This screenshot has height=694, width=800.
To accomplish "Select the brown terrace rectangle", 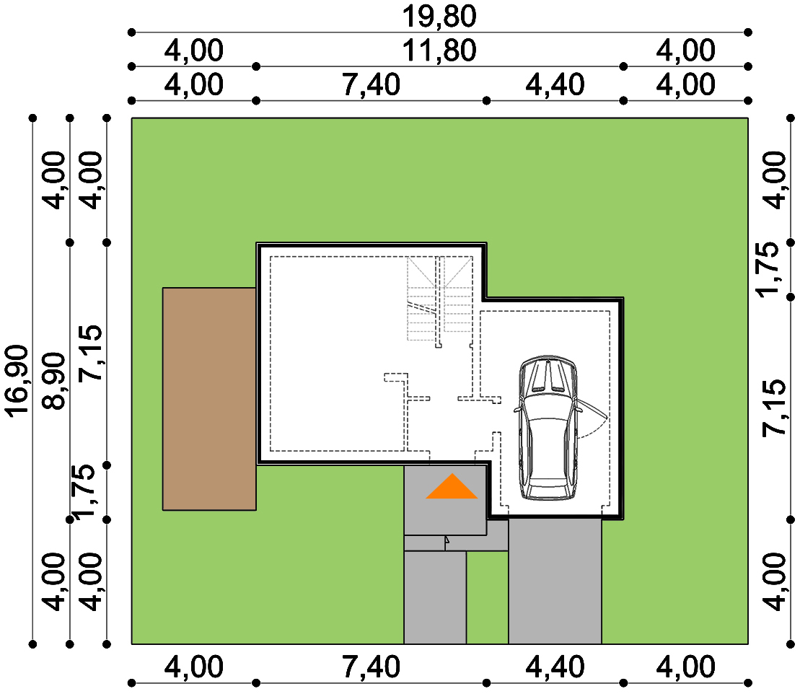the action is pos(209,398).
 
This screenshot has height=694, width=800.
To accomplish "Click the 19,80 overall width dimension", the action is pos(439,17).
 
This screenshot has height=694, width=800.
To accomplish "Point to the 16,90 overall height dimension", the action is pos(17,381).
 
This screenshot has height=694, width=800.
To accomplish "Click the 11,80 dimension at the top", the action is pos(439,50).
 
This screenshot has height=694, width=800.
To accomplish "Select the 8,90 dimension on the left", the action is pos(54,381).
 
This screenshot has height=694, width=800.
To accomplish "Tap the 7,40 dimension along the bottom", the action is pos(371,667).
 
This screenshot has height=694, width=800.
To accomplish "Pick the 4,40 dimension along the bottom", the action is pos(555,667).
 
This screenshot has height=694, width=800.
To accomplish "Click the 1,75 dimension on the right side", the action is pos(768,269).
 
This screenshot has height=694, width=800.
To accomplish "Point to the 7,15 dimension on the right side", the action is pos(774,408).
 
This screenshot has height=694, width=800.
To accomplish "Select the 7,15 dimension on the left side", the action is pos(90,353).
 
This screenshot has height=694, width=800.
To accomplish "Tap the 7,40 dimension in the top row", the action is pos(371,84).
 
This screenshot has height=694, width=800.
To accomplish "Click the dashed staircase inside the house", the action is pos(439,299).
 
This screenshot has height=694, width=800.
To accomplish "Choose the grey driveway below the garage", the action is pos(555,581).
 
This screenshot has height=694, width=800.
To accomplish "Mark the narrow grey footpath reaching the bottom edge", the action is pos(435,597).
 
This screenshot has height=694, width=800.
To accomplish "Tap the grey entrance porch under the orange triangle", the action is pos(445,501).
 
